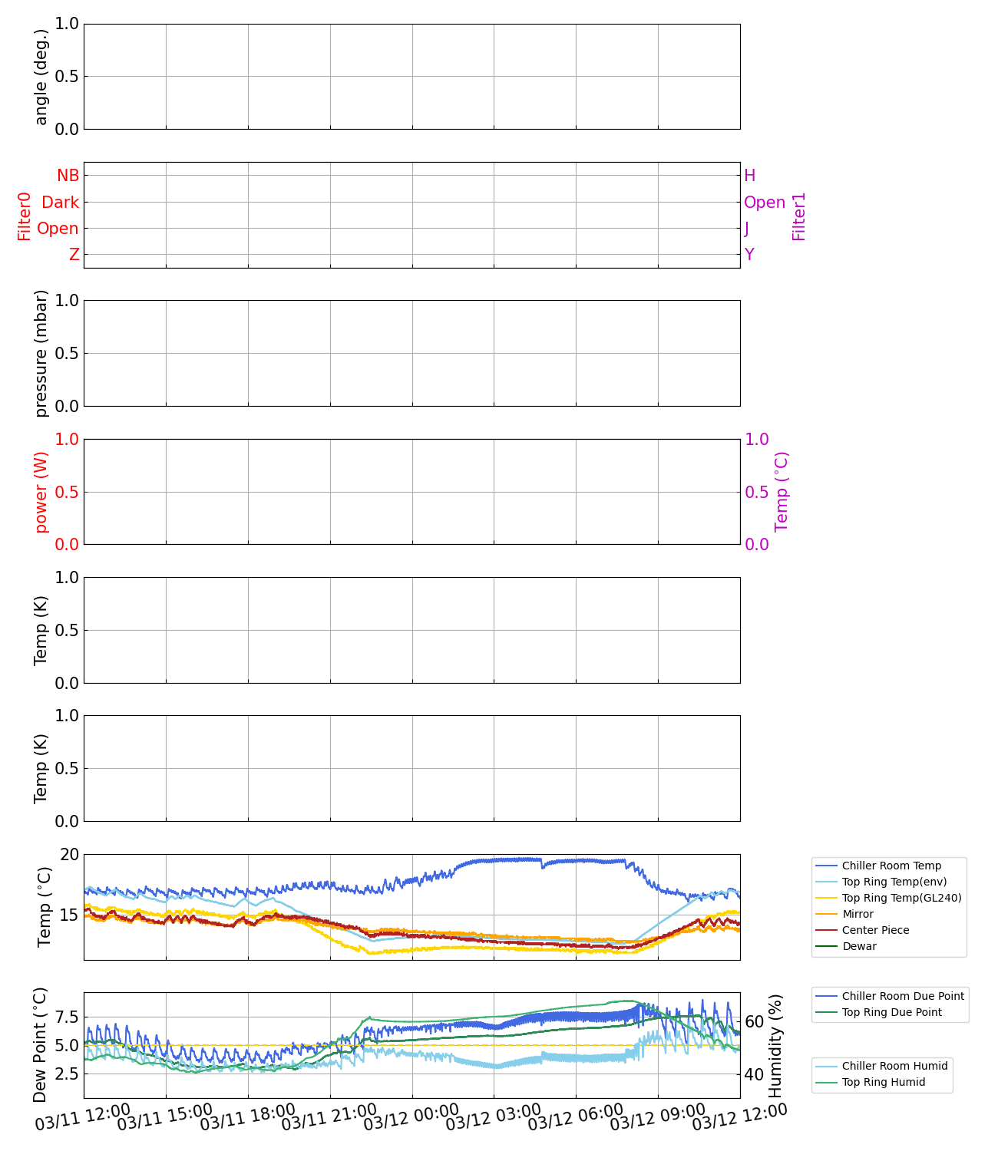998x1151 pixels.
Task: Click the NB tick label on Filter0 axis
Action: [x=68, y=176]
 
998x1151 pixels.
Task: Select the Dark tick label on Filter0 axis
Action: [x=60, y=203]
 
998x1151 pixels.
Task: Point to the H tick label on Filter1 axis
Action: [x=750, y=176]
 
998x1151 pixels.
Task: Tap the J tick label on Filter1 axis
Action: [x=747, y=229]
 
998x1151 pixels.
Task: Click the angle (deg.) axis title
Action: [x=41, y=77]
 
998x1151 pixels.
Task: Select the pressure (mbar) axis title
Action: [x=41, y=353]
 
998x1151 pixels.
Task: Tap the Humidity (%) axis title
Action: [x=775, y=1045]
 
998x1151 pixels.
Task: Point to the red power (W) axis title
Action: [x=41, y=492]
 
